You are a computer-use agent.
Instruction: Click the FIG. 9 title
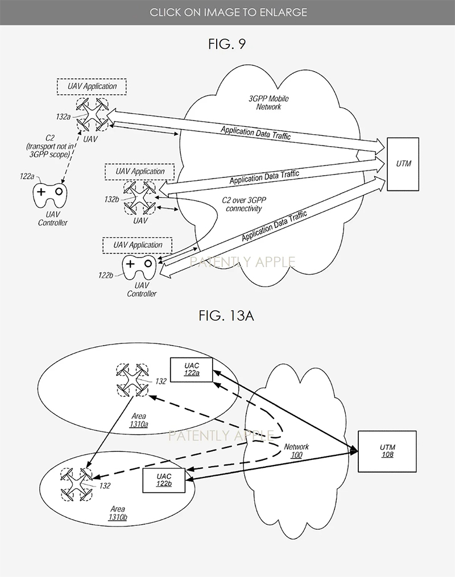coord(226,44)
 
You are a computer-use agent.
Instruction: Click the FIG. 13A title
coord(226,316)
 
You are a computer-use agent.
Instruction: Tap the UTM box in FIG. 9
coord(403,164)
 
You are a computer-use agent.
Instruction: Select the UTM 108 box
coord(387,451)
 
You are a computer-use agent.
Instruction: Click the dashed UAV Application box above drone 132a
coord(92,86)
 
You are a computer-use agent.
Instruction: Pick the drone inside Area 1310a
coord(132,380)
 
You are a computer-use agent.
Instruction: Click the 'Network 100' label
coord(296,451)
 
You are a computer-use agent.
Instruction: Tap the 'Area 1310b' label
coord(118,513)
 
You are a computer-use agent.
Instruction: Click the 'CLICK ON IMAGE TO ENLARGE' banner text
coord(227,12)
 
